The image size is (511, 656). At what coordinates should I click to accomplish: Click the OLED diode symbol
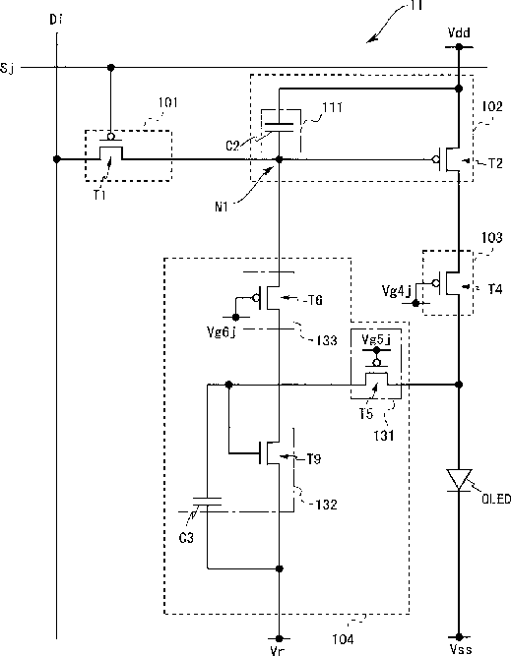(x=459, y=480)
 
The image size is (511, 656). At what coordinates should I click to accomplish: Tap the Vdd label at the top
(x=459, y=32)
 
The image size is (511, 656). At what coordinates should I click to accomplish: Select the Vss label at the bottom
(x=461, y=649)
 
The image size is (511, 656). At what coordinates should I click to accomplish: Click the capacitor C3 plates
(x=207, y=502)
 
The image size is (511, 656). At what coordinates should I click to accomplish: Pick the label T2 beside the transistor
(x=495, y=163)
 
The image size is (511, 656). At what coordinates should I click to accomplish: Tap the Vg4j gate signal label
(x=397, y=290)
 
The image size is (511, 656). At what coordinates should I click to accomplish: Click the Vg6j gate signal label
(x=222, y=332)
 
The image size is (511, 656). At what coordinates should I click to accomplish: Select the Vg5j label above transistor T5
(x=376, y=339)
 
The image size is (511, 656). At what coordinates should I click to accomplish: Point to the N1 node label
(x=222, y=207)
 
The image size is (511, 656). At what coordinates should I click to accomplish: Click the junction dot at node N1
(x=280, y=159)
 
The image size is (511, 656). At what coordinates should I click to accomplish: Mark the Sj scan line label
(x=7, y=68)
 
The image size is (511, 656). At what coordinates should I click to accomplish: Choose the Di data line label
(x=56, y=20)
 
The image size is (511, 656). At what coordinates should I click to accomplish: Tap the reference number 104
(x=343, y=639)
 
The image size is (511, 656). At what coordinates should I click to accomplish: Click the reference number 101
(x=168, y=102)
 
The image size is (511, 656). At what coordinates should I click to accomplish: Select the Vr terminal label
(x=277, y=651)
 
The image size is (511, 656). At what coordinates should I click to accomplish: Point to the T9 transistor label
(x=314, y=459)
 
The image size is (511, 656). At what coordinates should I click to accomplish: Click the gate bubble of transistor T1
(x=111, y=137)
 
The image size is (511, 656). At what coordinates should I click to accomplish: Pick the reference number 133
(x=327, y=340)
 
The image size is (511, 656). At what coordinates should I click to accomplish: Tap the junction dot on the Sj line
(x=111, y=67)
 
